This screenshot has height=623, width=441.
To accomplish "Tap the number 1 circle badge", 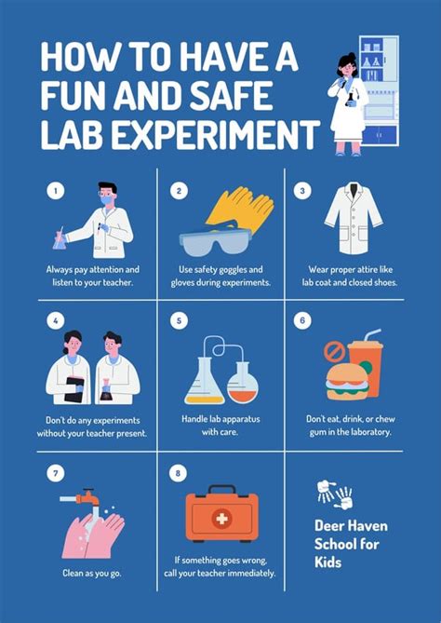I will [56, 192].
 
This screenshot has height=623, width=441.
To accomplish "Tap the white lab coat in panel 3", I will [353, 220].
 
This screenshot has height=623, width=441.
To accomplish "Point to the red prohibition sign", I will [334, 351].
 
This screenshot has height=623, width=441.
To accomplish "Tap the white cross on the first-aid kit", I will [222, 518].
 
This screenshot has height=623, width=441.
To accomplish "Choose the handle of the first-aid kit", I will [222, 491].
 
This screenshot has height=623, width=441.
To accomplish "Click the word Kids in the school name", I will [329, 562].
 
